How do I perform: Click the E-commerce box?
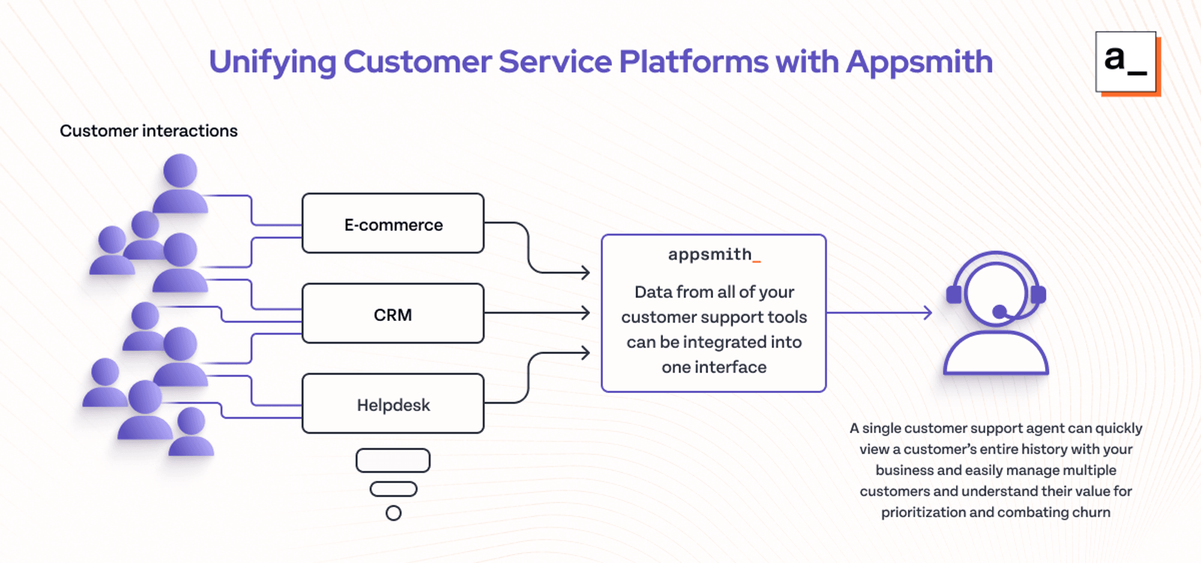click(x=393, y=224)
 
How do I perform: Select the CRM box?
click(x=393, y=314)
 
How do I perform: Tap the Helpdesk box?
click(x=393, y=404)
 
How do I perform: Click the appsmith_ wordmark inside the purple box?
click(x=714, y=255)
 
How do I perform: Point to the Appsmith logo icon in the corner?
click(x=1128, y=63)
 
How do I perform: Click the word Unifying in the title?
click(x=273, y=62)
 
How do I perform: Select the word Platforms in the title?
click(x=694, y=61)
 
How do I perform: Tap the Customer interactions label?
click(x=149, y=131)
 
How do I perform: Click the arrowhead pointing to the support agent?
click(x=928, y=312)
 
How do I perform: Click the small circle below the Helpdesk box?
click(x=393, y=513)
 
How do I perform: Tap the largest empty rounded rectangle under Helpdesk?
click(x=393, y=461)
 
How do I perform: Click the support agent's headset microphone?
click(x=1000, y=312)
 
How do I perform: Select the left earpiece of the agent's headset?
click(x=954, y=295)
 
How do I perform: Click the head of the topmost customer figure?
click(x=180, y=171)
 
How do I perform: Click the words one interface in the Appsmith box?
click(x=714, y=367)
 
